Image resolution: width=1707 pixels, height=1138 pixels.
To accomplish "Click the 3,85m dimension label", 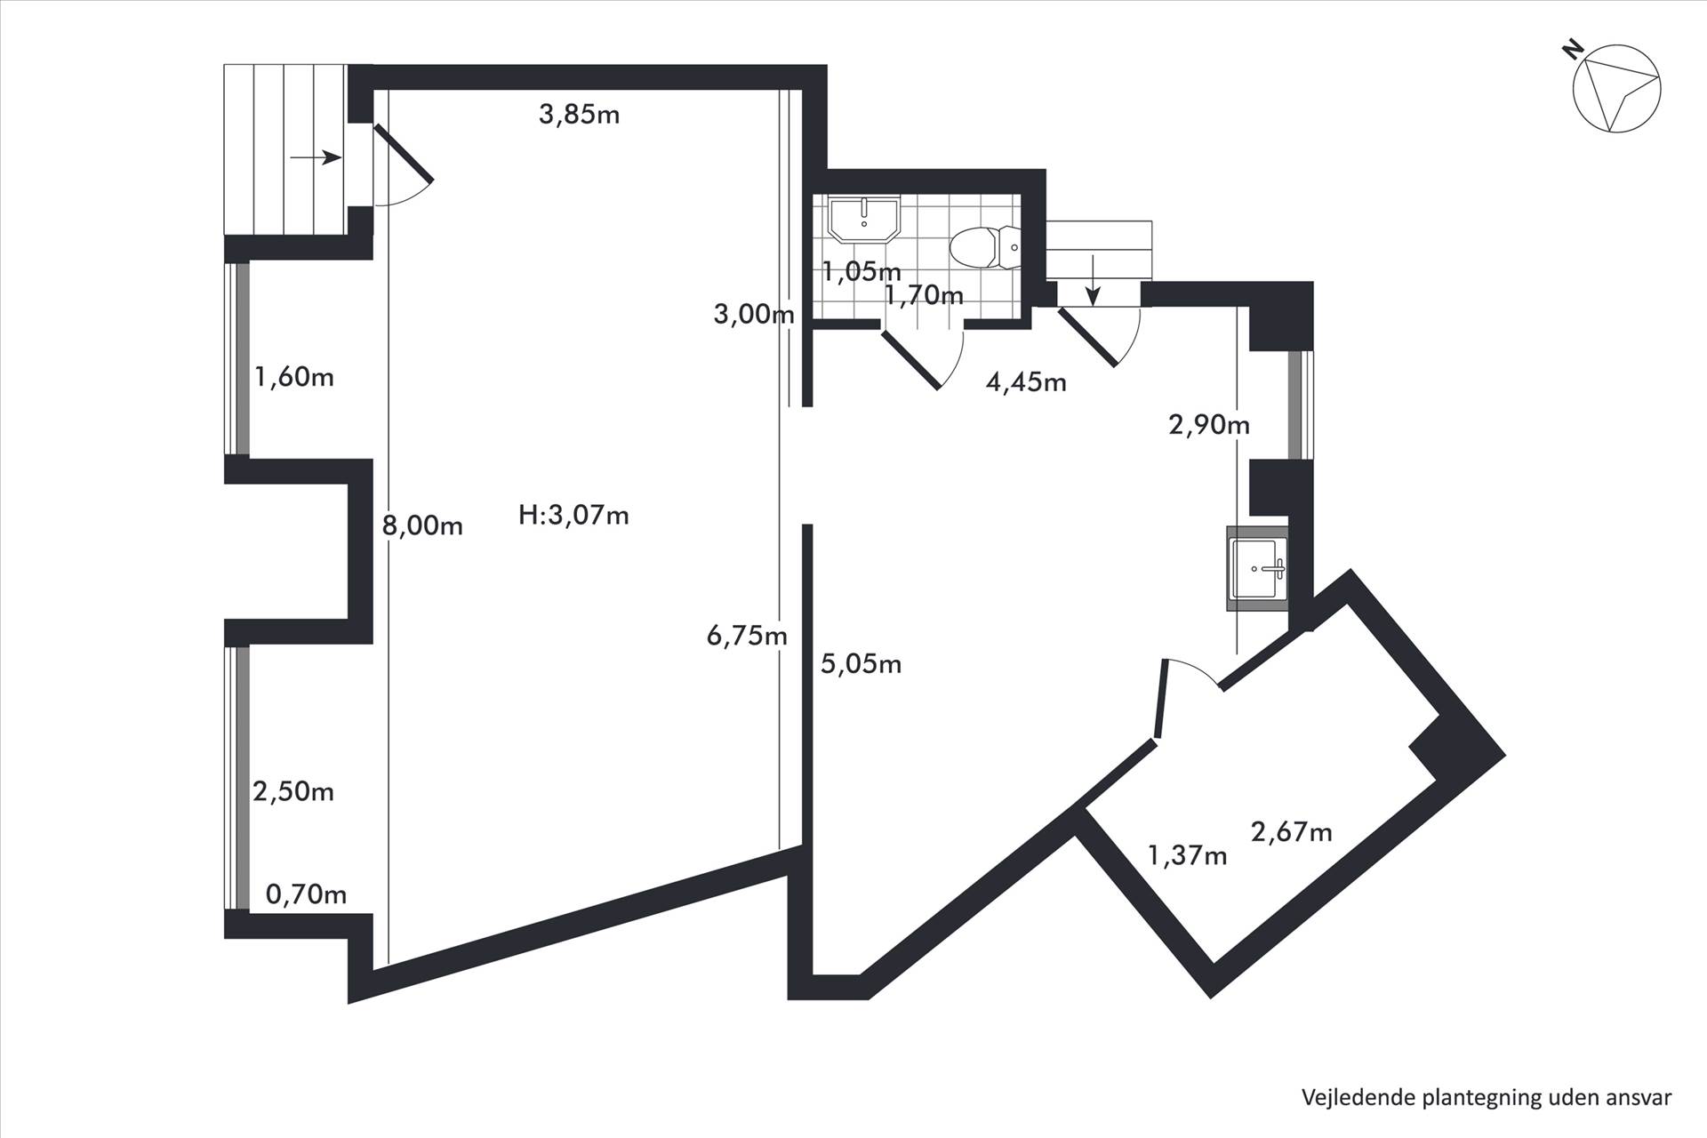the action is click(x=579, y=115).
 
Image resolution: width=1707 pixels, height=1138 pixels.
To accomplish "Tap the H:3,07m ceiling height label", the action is click(x=573, y=515).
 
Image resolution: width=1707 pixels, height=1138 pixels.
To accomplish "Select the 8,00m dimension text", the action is click(x=422, y=525).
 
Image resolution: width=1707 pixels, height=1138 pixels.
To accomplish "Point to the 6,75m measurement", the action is click(x=747, y=636).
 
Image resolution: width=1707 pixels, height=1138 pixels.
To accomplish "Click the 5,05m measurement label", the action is click(x=861, y=664).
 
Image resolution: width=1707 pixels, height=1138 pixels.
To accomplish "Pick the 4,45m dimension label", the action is click(x=1026, y=382).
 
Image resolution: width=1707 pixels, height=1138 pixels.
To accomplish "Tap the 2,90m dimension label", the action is click(x=1209, y=425).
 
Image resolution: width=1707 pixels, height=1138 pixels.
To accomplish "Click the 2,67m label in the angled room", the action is click(x=1291, y=832).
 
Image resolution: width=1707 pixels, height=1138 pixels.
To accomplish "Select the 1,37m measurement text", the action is click(x=1188, y=856).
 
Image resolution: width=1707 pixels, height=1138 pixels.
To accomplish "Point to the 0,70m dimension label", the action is click(x=306, y=894).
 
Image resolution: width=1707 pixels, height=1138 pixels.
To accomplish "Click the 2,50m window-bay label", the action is click(x=293, y=791).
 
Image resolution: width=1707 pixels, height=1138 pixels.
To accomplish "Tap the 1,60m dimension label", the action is click(x=294, y=377).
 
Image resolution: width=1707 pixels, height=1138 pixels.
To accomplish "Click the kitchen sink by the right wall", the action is click(x=1257, y=568).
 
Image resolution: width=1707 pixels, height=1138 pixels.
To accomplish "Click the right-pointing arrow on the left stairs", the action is click(x=317, y=158).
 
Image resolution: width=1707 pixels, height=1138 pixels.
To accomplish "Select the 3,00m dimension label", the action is click(x=754, y=314).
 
